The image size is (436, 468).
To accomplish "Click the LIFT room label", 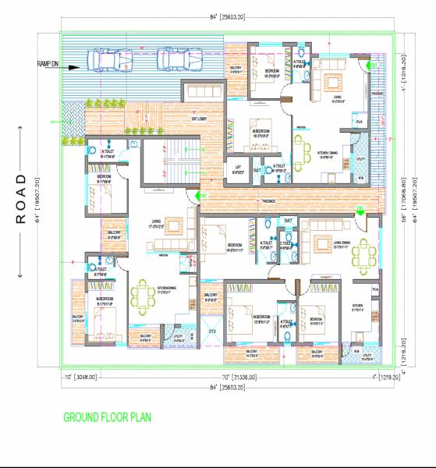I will click(237, 170).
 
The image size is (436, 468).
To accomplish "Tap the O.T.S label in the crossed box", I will click(211, 331).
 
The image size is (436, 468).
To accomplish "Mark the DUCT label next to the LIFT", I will click(257, 170).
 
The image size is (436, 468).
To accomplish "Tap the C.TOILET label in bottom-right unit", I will click(286, 243).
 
